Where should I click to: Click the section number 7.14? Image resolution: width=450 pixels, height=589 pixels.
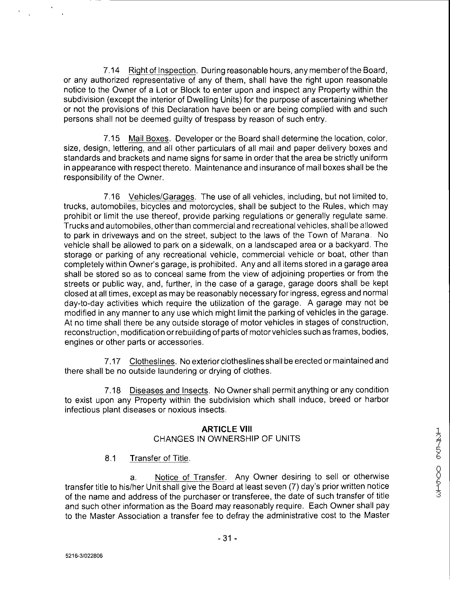(x=111, y=71)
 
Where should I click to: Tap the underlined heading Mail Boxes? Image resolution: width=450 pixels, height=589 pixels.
(x=149, y=138)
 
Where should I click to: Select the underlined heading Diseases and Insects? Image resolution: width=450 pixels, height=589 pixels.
(x=169, y=390)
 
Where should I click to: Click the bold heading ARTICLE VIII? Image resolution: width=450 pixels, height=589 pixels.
(x=227, y=429)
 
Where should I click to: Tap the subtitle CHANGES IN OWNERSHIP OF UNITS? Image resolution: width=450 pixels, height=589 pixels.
(x=227, y=439)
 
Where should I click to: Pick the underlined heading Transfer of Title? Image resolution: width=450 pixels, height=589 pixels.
(x=159, y=458)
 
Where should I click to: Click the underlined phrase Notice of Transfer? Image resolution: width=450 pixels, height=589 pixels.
(x=190, y=477)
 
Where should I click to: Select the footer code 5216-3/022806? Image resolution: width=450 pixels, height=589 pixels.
(x=84, y=556)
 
